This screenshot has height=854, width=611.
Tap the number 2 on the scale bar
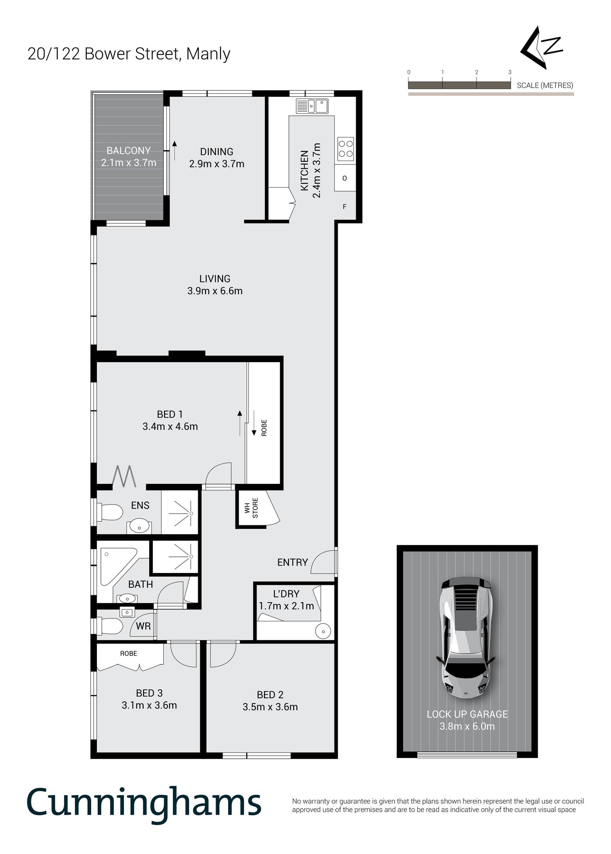point(477,72)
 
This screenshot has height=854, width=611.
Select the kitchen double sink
point(312,106)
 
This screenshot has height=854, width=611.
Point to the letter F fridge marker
point(344,207)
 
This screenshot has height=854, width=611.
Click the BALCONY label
point(128,151)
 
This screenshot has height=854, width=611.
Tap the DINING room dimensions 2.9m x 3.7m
point(216,164)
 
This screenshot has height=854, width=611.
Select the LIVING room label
point(215,278)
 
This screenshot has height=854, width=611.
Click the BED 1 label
point(170,414)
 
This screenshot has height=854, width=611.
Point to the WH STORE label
point(251,508)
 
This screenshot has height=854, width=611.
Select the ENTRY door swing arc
point(323,561)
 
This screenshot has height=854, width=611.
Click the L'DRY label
point(286,594)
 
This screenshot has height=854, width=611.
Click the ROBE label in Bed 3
point(128,653)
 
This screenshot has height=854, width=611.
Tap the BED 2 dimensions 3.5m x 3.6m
point(270,707)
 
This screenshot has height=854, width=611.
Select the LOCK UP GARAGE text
point(467,714)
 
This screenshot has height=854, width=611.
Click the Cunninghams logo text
point(144,802)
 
